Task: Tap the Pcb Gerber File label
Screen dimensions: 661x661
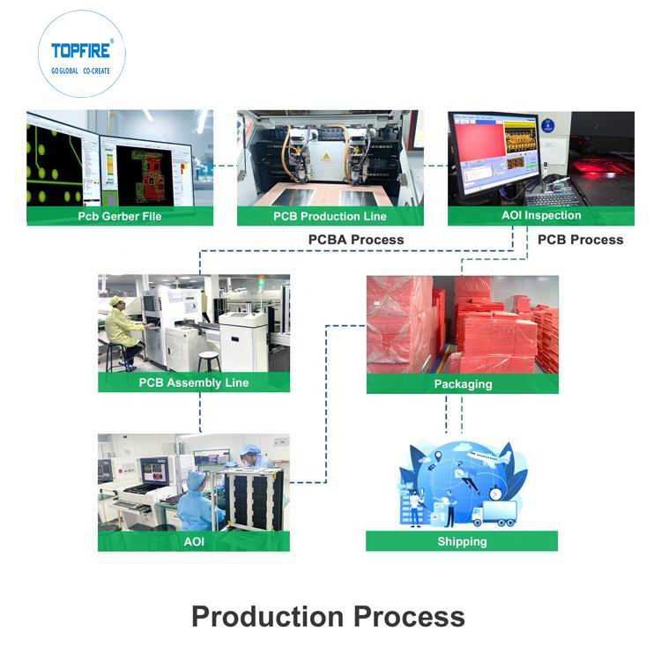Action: click(x=120, y=216)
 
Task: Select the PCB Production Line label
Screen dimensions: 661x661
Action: click(x=330, y=216)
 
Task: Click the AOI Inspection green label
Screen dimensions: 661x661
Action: click(x=540, y=215)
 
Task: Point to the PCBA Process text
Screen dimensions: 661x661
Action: click(x=356, y=240)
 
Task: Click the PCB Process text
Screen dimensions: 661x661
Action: click(x=580, y=240)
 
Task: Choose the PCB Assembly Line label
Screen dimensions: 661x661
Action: click(x=194, y=382)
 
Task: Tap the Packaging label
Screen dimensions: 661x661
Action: click(x=463, y=384)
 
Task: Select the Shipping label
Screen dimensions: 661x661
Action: click(x=462, y=541)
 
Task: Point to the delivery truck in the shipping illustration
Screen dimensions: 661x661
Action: click(x=494, y=515)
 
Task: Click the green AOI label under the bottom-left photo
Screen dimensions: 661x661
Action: click(x=194, y=541)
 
